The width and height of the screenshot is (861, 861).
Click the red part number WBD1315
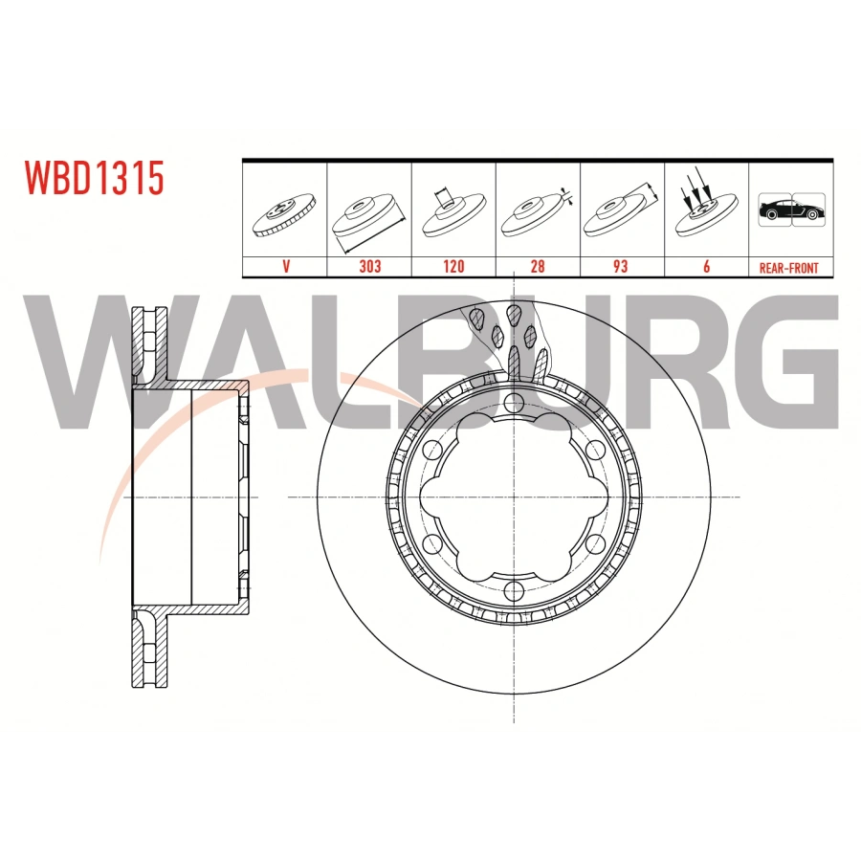coord(95,178)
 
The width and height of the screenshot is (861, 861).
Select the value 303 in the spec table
coord(369,267)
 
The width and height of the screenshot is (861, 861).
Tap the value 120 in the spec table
coord(453,267)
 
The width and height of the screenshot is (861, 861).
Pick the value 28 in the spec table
coord(537,267)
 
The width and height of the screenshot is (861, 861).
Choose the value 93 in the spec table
coord(621,267)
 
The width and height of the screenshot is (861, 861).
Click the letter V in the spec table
coord(285,267)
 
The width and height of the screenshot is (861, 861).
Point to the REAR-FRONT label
coord(788,268)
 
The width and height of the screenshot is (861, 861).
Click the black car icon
coord(789,210)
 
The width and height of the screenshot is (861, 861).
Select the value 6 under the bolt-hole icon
coord(705,267)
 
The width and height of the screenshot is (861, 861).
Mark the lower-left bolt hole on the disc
coord(434,542)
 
